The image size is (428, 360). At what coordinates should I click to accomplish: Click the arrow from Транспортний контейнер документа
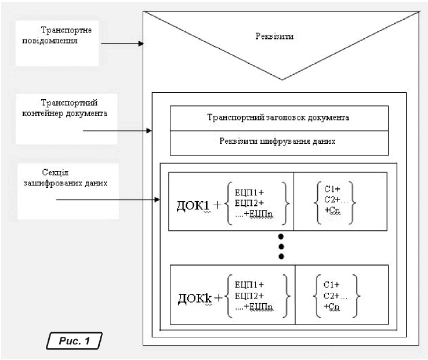[118, 132]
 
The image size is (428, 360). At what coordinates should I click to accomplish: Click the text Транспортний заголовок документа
[278, 117]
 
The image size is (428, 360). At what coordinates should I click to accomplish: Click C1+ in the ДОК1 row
[331, 188]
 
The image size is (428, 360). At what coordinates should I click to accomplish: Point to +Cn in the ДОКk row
[332, 306]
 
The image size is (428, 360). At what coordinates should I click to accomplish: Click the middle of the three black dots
[281, 246]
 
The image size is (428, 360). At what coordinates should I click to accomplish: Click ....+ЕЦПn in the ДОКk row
[255, 307]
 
